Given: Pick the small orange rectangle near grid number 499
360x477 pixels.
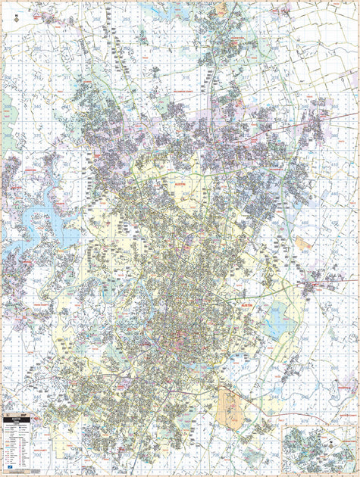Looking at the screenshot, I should pos(302,243).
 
